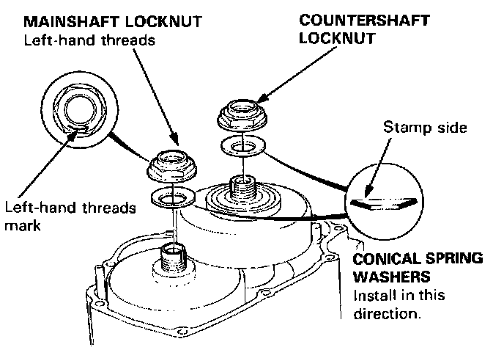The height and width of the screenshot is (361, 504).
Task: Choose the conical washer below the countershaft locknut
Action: (x=240, y=147)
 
